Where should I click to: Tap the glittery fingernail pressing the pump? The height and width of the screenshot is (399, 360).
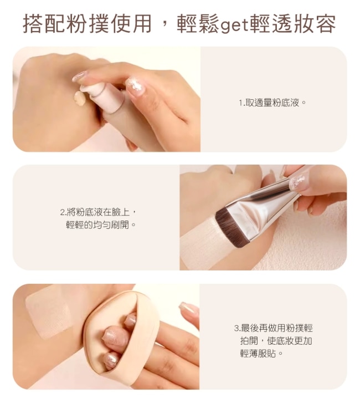tap(135, 84)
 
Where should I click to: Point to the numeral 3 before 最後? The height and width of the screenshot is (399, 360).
tap(236, 328)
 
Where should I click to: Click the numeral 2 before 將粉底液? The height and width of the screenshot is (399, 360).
tap(62, 212)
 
